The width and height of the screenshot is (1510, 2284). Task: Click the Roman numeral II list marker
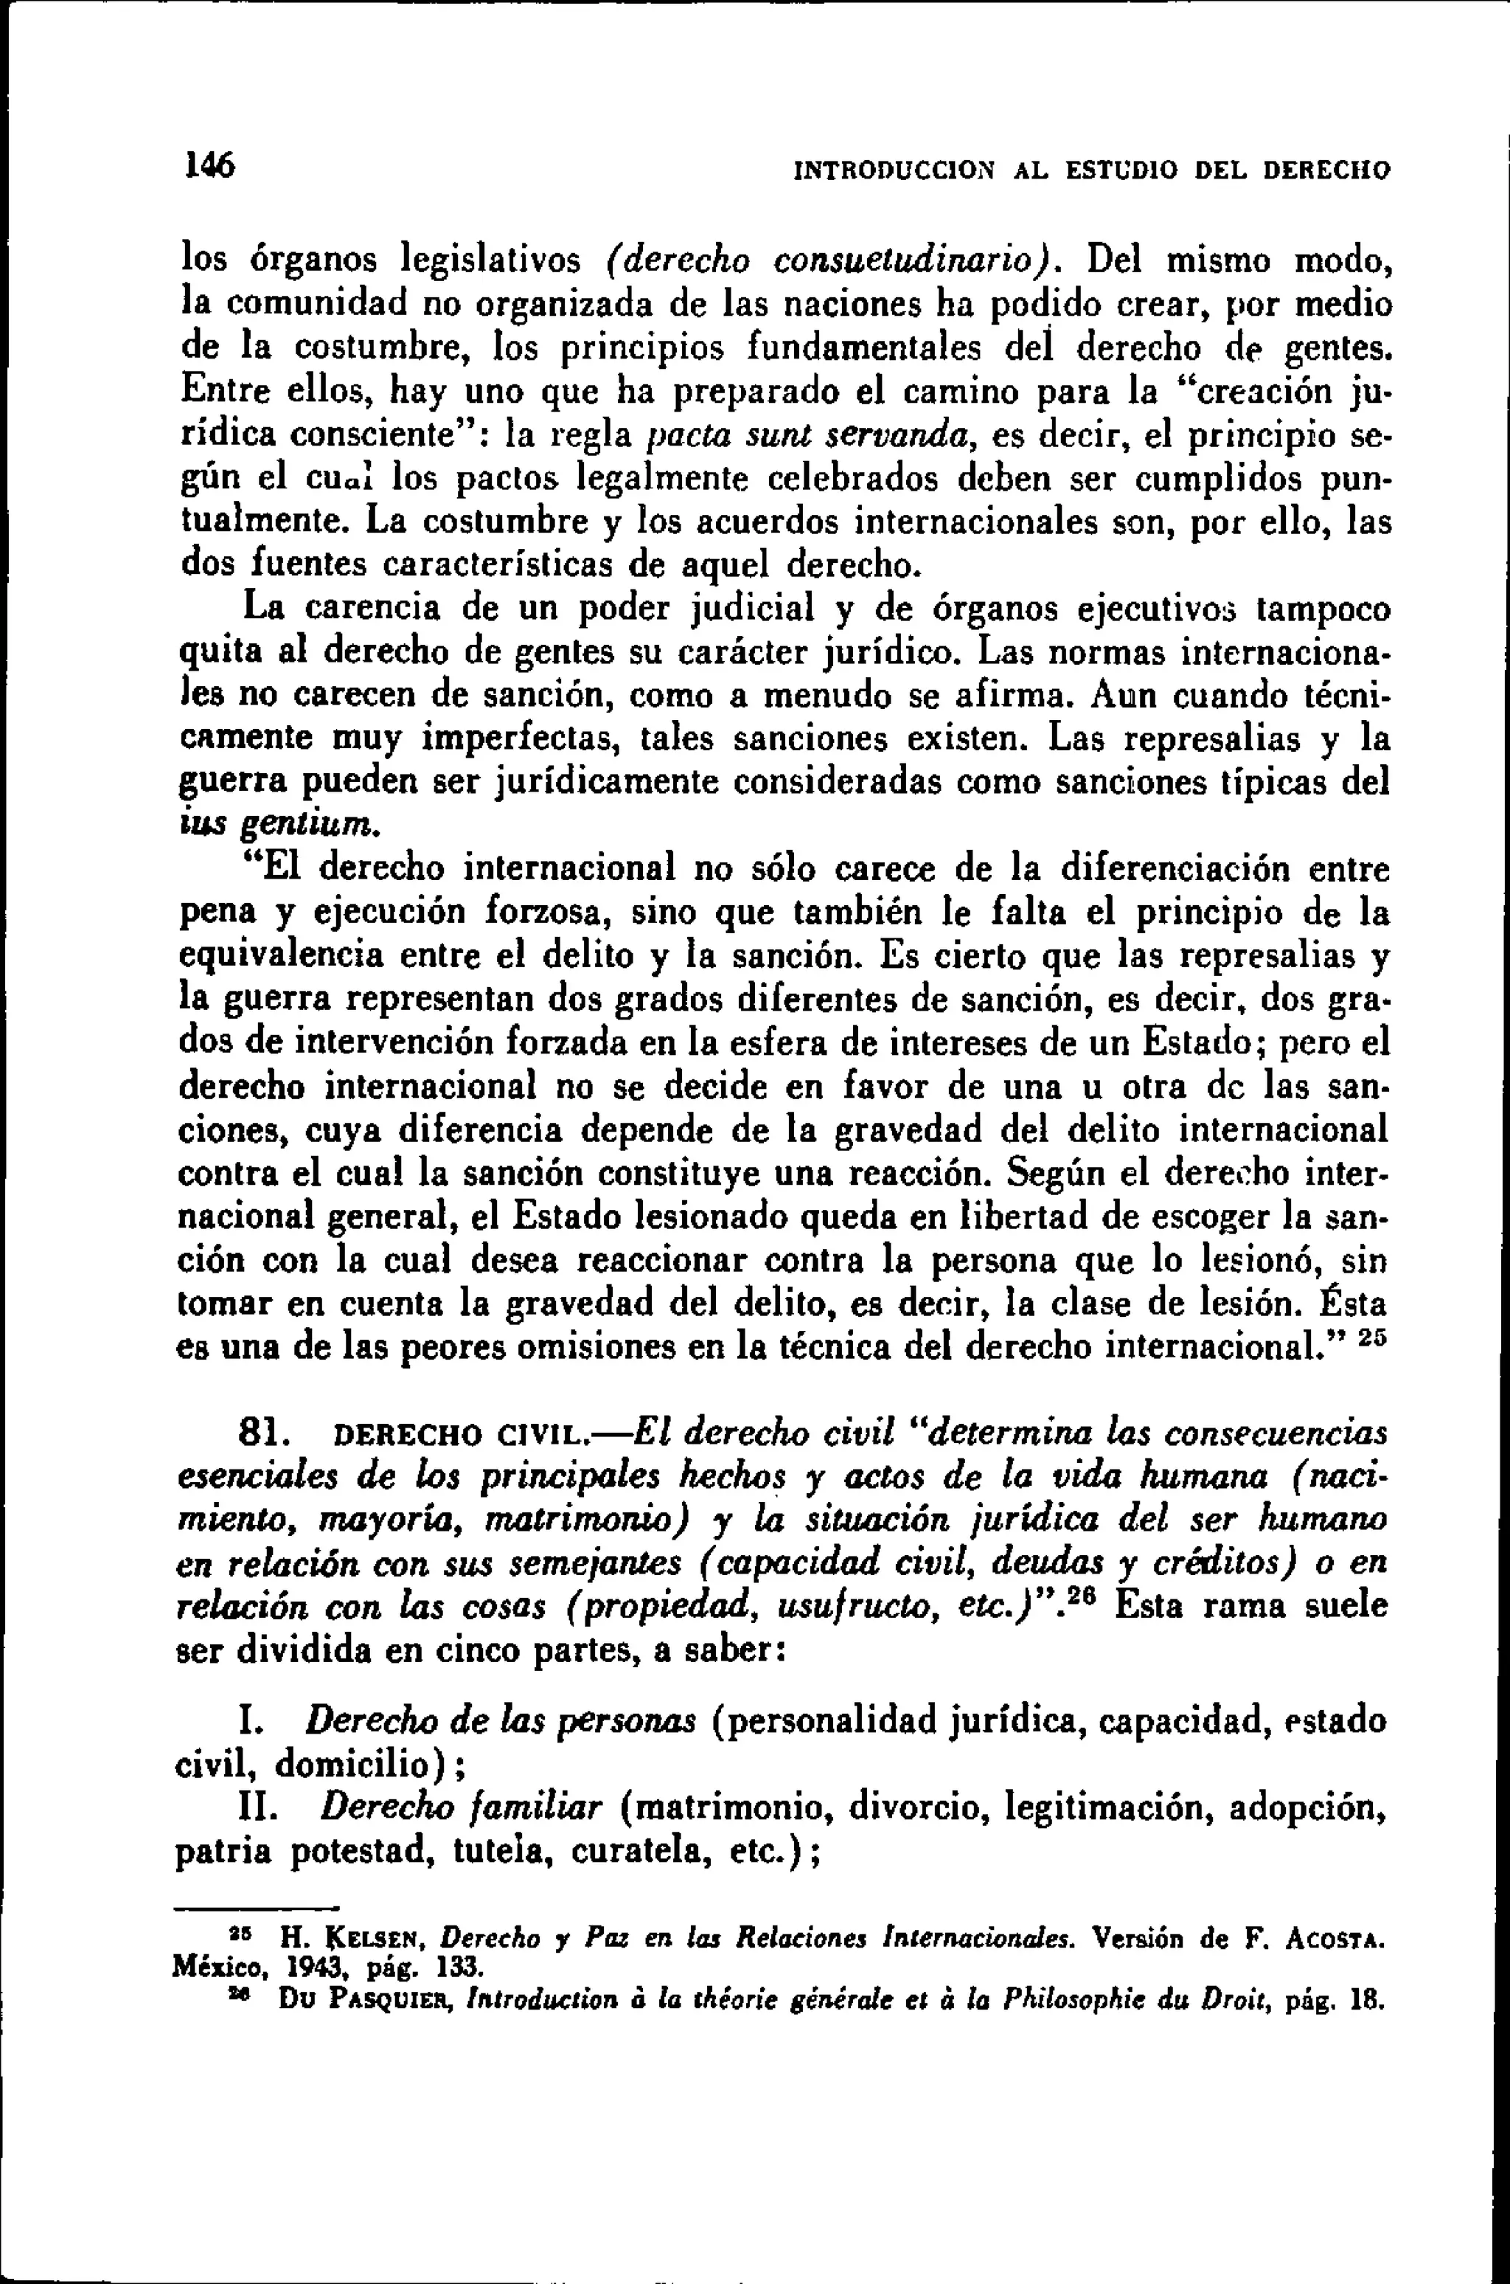click(x=258, y=1808)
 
